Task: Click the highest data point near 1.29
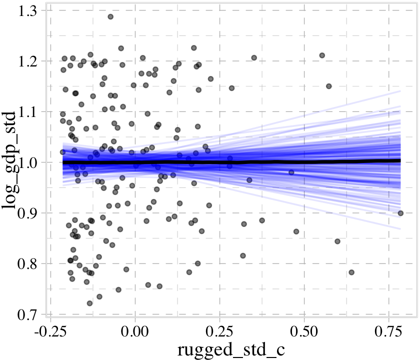(x=110, y=16)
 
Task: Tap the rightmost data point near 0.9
(x=400, y=213)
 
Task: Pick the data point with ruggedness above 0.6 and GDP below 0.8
(x=351, y=272)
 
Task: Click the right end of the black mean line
(x=400, y=160)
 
